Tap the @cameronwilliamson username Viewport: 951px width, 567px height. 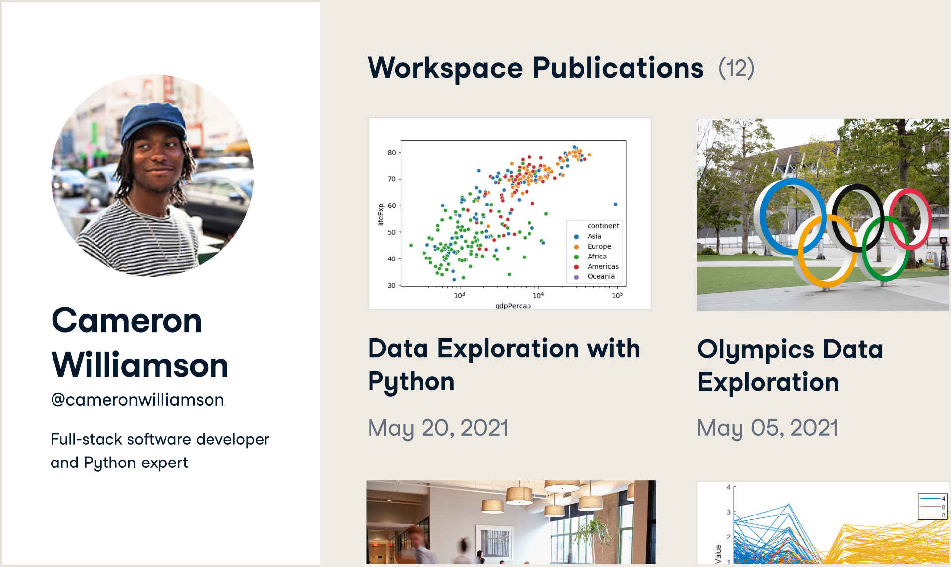pyautogui.click(x=137, y=400)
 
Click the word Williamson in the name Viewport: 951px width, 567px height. pyautogui.click(x=140, y=365)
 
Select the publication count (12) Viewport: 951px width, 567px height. pyautogui.click(x=737, y=68)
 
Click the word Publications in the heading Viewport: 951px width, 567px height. pyautogui.click(x=618, y=68)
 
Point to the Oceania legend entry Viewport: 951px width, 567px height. pyautogui.click(x=601, y=276)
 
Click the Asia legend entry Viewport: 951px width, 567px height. pyautogui.click(x=594, y=236)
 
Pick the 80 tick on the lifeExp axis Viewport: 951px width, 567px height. pyautogui.click(x=392, y=153)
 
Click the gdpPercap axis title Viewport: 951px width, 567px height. pyautogui.click(x=513, y=306)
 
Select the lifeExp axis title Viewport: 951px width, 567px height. pyautogui.click(x=381, y=214)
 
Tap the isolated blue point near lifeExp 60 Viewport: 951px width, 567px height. pyautogui.click(x=615, y=204)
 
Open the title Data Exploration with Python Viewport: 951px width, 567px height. pyautogui.click(x=504, y=365)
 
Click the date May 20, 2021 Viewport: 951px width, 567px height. pyautogui.click(x=438, y=428)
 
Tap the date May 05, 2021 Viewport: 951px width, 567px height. pyautogui.click(x=767, y=428)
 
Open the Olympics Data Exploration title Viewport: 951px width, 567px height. pyautogui.click(x=790, y=365)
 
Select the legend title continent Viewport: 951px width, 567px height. pyautogui.click(x=603, y=226)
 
